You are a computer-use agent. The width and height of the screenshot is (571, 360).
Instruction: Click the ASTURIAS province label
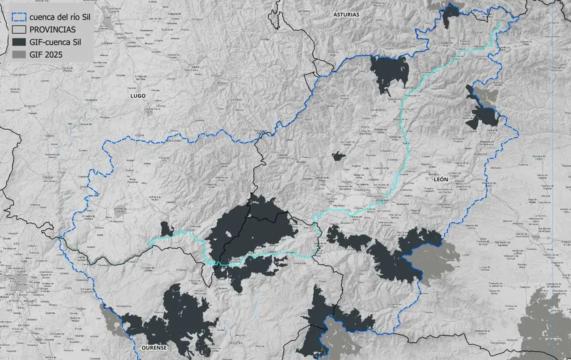346,14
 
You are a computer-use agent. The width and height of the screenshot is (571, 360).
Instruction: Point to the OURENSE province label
154,347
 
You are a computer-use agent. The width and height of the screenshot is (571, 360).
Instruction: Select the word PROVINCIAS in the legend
52,29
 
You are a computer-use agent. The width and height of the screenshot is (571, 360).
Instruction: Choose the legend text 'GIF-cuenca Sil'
55,42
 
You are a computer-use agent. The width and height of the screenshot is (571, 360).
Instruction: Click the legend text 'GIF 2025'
46,54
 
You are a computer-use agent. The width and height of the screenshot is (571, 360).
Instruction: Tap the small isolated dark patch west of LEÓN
338,156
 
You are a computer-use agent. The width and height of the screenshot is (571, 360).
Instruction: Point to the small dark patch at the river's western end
166,229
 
